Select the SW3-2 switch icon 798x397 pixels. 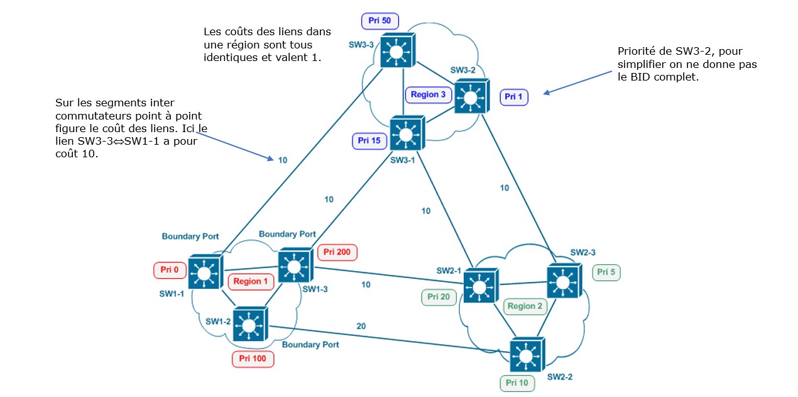[x=471, y=97]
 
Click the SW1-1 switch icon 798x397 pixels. [x=204, y=273]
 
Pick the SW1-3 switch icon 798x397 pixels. [x=295, y=266]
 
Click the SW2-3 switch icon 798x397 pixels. [x=564, y=281]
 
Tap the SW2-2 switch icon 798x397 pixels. [x=527, y=355]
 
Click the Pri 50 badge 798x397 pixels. [x=380, y=21]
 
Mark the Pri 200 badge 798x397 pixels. [x=337, y=252]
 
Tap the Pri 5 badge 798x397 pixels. [x=606, y=272]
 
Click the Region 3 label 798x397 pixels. [x=429, y=94]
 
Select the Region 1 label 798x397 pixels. [x=251, y=281]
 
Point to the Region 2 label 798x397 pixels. [x=525, y=306]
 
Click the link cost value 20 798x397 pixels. [x=361, y=326]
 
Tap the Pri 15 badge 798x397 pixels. [x=369, y=141]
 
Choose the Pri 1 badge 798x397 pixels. [x=514, y=97]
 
